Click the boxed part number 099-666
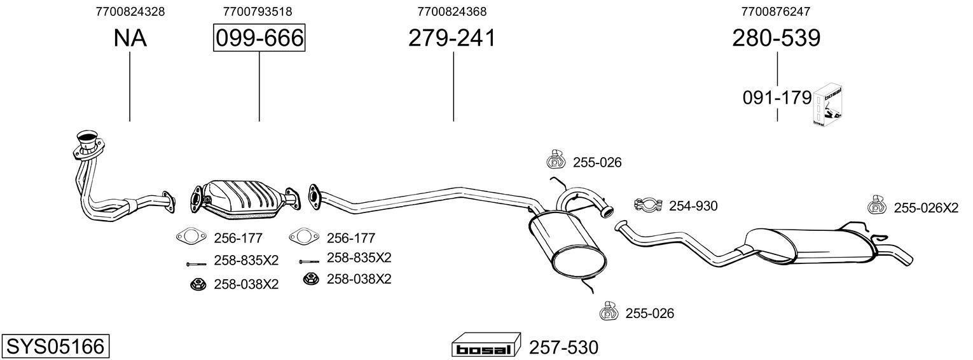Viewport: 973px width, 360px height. [259, 38]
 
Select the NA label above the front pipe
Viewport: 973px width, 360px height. [130, 39]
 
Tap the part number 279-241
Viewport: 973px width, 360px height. [452, 38]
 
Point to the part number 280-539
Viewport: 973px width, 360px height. [776, 38]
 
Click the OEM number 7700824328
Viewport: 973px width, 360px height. [130, 11]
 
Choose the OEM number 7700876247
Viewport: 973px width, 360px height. [776, 11]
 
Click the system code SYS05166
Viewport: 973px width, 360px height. [55, 347]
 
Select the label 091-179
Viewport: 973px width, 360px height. [777, 98]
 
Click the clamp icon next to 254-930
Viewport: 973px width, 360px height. [648, 205]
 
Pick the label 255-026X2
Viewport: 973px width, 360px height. [925, 207]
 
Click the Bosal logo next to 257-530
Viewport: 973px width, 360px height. [485, 348]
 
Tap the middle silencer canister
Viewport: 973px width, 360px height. [568, 243]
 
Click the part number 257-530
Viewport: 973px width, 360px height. [563, 348]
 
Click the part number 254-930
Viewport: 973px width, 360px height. [693, 205]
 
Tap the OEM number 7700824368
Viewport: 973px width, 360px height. [452, 11]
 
